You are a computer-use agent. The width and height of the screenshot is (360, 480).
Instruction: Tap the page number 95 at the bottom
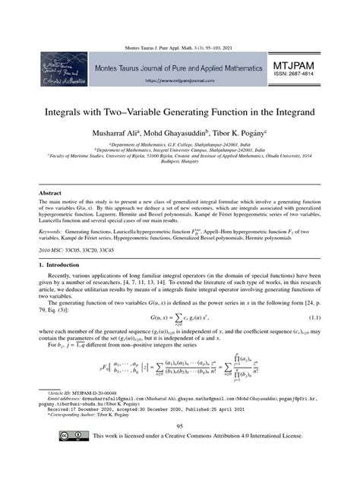point(179,449)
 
